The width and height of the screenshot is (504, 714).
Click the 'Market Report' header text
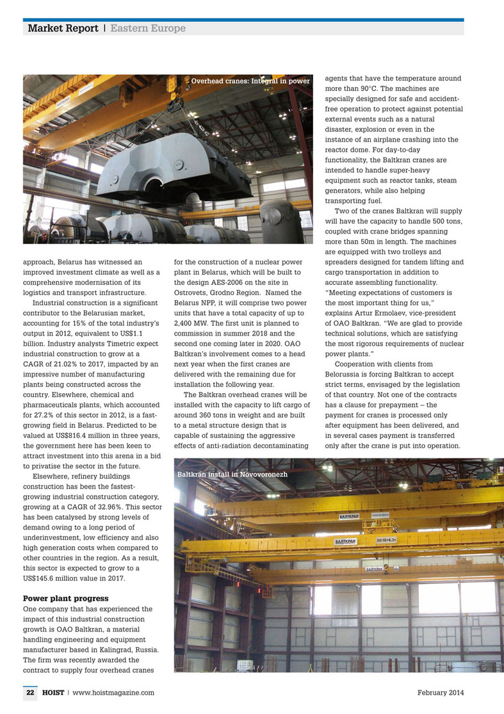coord(63,29)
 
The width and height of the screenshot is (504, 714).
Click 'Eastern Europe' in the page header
coord(148,29)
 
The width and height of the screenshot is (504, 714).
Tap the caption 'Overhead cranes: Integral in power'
coord(250,81)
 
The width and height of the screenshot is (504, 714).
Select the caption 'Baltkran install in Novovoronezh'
coord(232,475)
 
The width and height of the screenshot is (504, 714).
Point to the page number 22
coord(30,692)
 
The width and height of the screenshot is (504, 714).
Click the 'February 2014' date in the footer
coord(440,692)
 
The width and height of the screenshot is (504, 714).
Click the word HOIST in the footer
coord(53,692)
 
